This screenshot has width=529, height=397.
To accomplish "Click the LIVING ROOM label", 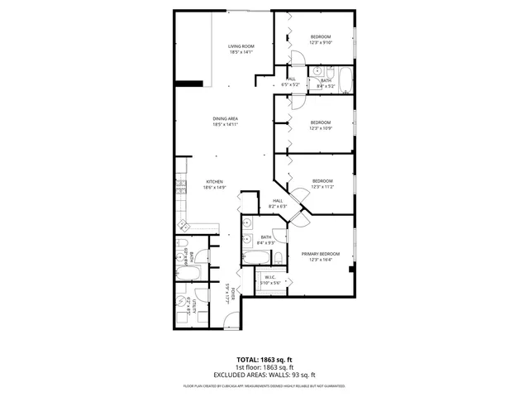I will [241, 45].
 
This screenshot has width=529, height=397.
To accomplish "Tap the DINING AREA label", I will [225, 119].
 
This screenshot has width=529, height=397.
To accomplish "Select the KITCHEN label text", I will [215, 182].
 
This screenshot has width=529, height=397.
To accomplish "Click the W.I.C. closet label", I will [270, 277].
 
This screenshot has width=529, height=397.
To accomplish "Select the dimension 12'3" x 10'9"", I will [320, 127].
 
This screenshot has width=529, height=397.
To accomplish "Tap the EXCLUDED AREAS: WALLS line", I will [264, 374].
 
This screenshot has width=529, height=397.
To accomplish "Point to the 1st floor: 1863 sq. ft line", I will [264, 367].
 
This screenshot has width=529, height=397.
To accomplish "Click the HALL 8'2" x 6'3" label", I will [278, 203].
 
